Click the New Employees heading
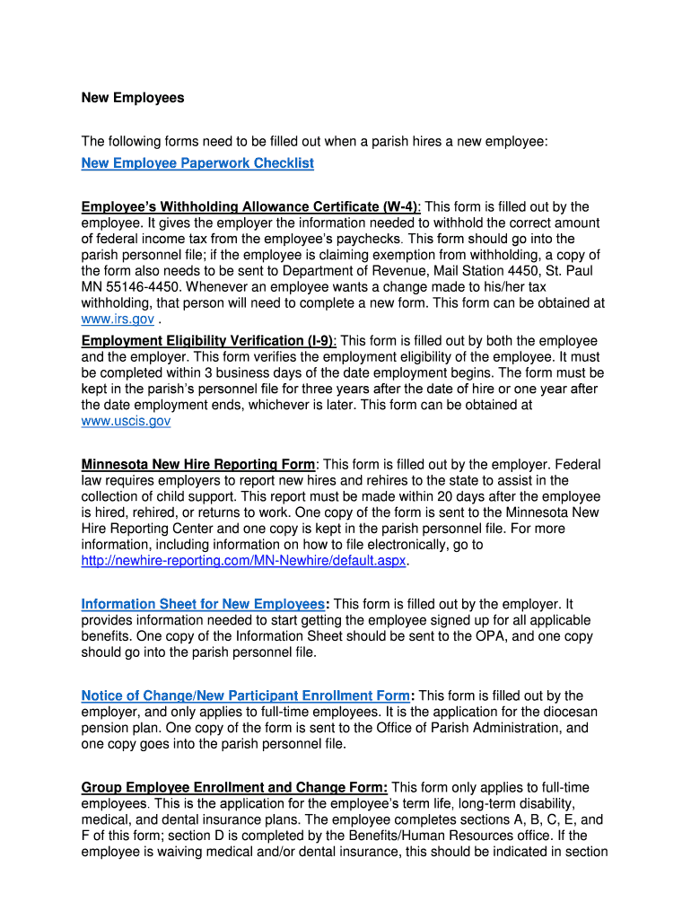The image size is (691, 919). (x=133, y=98)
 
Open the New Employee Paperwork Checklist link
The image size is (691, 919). (x=197, y=162)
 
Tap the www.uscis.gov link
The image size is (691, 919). (x=126, y=420)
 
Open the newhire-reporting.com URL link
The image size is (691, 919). (x=244, y=560)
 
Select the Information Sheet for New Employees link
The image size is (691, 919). (x=203, y=604)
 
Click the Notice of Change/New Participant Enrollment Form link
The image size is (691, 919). (x=245, y=696)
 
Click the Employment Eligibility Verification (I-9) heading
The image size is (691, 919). (x=208, y=341)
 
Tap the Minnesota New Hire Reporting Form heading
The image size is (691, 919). (x=198, y=465)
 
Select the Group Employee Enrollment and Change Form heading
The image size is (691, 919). (x=234, y=787)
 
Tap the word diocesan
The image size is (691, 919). (x=565, y=711)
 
